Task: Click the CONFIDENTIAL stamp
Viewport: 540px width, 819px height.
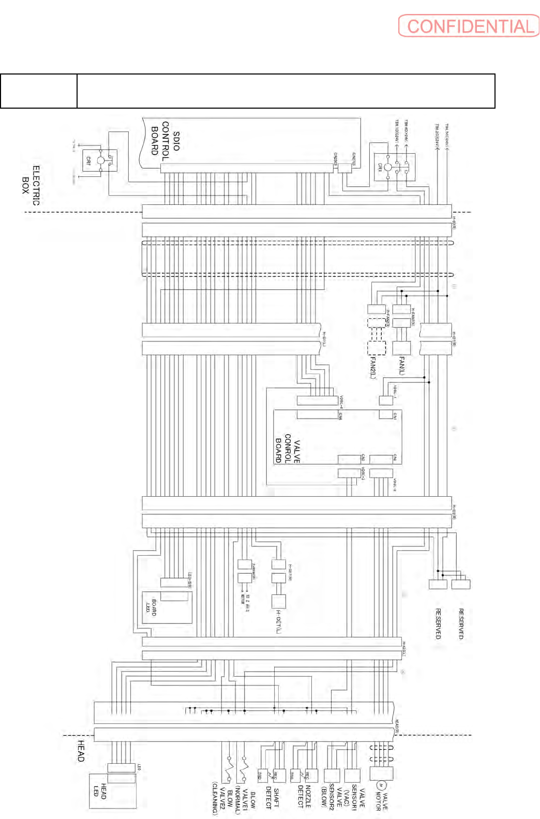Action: (x=469, y=26)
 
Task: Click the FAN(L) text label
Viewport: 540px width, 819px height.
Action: (x=402, y=365)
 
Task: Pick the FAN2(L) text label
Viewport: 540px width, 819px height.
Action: (x=372, y=368)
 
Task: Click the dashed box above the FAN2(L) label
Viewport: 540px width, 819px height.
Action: (x=377, y=348)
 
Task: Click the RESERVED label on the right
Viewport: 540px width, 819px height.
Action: (x=461, y=623)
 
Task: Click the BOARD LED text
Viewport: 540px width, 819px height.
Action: (x=151, y=606)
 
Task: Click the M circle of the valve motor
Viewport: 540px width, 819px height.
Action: (x=381, y=785)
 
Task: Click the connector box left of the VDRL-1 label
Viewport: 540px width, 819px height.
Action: (x=386, y=400)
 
